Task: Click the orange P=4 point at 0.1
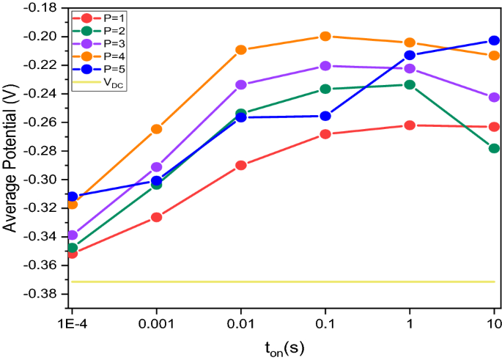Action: point(325,37)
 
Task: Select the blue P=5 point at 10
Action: point(494,41)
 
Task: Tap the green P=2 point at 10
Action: point(494,148)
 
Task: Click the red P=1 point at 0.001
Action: point(156,217)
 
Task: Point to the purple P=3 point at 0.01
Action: point(241,85)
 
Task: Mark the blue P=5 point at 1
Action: point(410,55)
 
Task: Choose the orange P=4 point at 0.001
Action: point(156,129)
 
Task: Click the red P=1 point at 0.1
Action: point(325,134)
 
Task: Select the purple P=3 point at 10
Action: point(494,98)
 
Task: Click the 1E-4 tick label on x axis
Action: point(72,323)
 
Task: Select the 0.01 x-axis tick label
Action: point(241,323)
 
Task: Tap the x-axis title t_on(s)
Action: point(281,347)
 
